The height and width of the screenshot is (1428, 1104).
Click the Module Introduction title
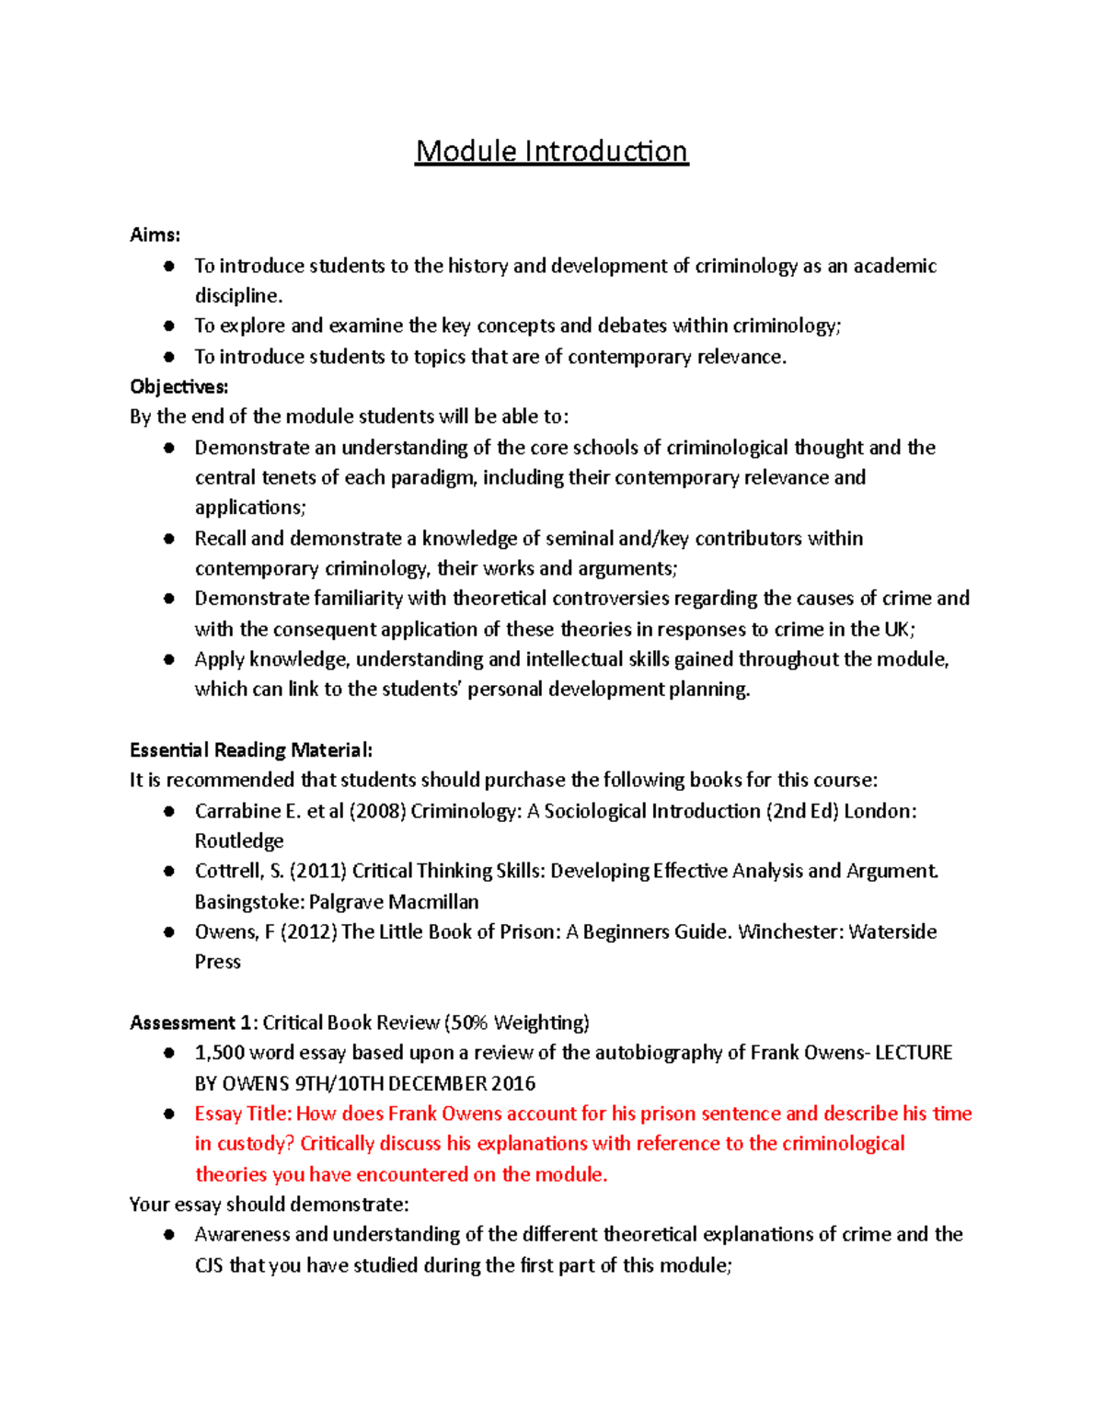551,151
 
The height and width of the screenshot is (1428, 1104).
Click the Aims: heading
155,234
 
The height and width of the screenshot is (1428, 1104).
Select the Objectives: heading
178,386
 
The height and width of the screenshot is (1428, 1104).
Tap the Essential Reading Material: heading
250,749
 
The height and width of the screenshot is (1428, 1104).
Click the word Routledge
239,841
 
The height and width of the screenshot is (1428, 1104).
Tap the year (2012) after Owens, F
309,931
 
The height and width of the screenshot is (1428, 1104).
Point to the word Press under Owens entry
217,962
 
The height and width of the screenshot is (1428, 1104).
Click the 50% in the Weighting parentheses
469,1022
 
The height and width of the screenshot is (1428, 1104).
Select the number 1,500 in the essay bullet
219,1053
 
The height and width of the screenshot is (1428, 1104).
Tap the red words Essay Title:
243,1114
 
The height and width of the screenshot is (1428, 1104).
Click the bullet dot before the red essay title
168,1114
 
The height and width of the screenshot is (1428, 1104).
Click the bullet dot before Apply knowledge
168,659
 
